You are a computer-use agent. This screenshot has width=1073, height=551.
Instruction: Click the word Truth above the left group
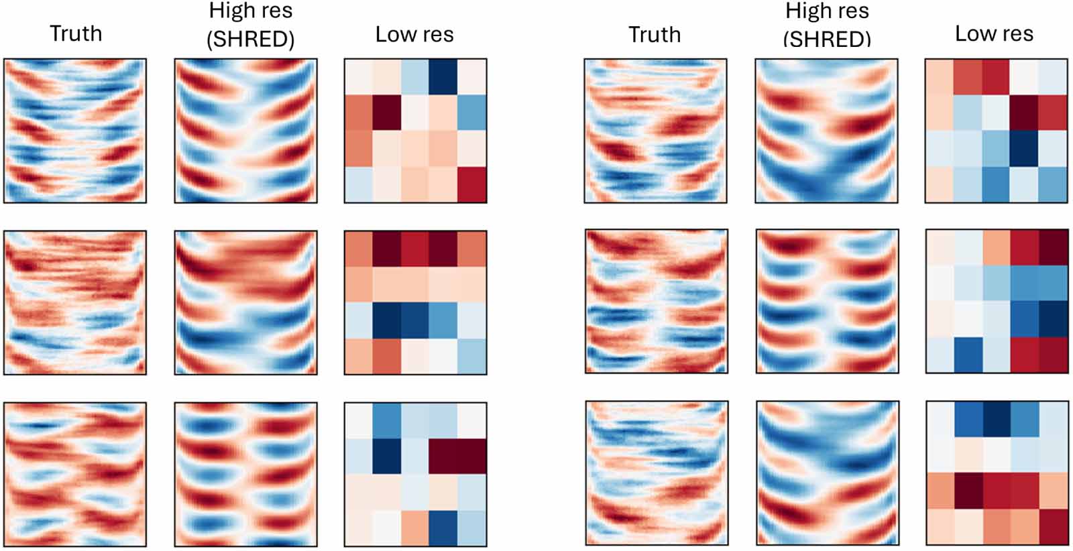(76, 34)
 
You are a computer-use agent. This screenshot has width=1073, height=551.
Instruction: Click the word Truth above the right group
(655, 34)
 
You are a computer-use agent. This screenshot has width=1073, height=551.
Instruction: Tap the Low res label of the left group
(414, 34)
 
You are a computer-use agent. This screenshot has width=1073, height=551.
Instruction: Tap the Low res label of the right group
(994, 34)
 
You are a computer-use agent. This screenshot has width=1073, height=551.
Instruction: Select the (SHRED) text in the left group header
(250, 40)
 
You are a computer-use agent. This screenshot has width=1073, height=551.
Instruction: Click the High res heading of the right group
(827, 11)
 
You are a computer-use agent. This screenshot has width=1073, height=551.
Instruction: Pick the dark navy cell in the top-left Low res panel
(444, 76)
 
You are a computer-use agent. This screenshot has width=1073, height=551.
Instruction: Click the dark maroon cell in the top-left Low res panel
(386, 113)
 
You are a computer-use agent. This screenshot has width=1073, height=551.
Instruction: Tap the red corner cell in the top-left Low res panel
(472, 185)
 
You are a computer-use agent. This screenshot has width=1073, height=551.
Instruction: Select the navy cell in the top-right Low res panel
(1025, 148)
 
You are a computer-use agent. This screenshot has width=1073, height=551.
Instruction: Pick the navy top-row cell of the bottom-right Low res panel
(997, 420)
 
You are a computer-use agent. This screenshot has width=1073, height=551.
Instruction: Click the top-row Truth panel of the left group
(75, 131)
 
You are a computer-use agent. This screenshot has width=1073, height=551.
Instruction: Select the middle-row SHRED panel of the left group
(245, 302)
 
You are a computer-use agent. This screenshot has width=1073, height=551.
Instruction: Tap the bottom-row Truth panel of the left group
(75, 474)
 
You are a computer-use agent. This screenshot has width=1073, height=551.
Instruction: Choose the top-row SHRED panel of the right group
(826, 131)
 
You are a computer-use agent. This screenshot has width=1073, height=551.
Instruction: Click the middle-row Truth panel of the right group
(656, 301)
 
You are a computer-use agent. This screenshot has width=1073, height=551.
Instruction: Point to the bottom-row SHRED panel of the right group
(827, 473)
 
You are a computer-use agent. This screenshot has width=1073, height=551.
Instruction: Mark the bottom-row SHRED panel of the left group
(245, 474)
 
